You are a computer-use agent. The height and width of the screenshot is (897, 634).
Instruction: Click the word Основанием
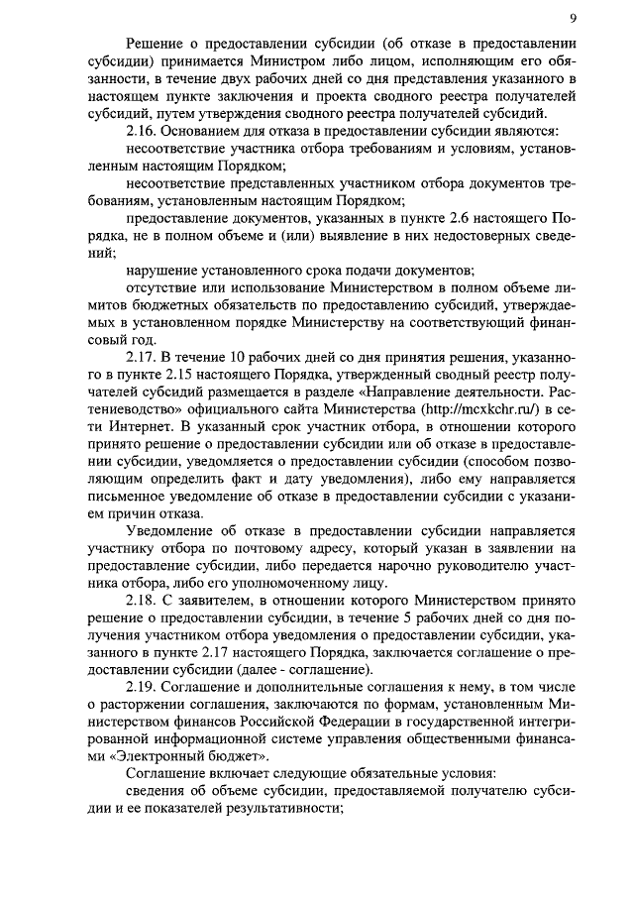[206, 132]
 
